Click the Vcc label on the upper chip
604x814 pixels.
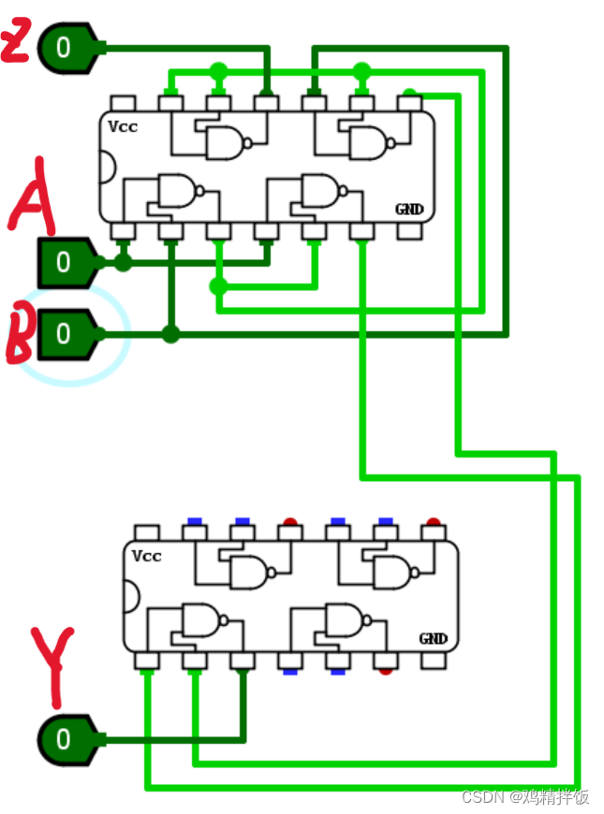coord(122,126)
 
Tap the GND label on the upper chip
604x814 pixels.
coord(408,210)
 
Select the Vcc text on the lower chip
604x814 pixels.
coord(146,556)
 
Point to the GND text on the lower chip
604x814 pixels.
coord(433,639)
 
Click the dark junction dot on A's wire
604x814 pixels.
coord(123,263)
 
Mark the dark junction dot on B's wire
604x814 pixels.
coord(169,334)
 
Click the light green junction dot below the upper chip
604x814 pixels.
coord(218,286)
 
